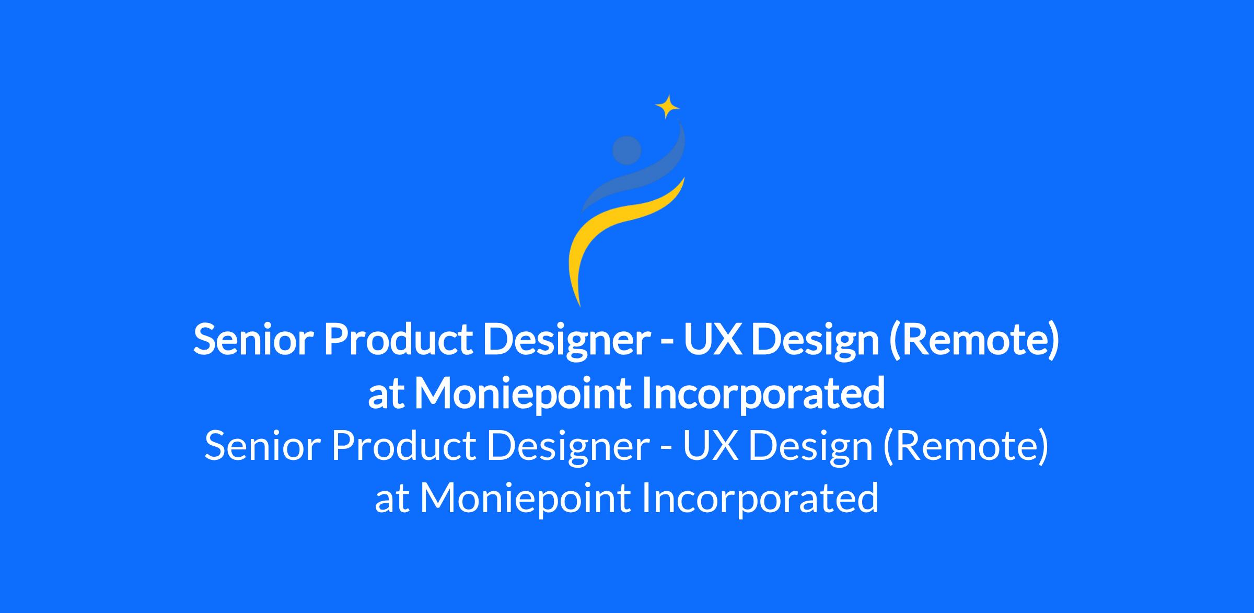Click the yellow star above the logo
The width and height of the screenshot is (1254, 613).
click(667, 107)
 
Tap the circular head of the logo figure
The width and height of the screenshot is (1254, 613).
click(626, 151)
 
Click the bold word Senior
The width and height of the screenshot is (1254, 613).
click(253, 340)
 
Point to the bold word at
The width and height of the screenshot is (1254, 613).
click(386, 396)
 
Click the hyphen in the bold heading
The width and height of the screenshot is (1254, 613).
click(667, 343)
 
